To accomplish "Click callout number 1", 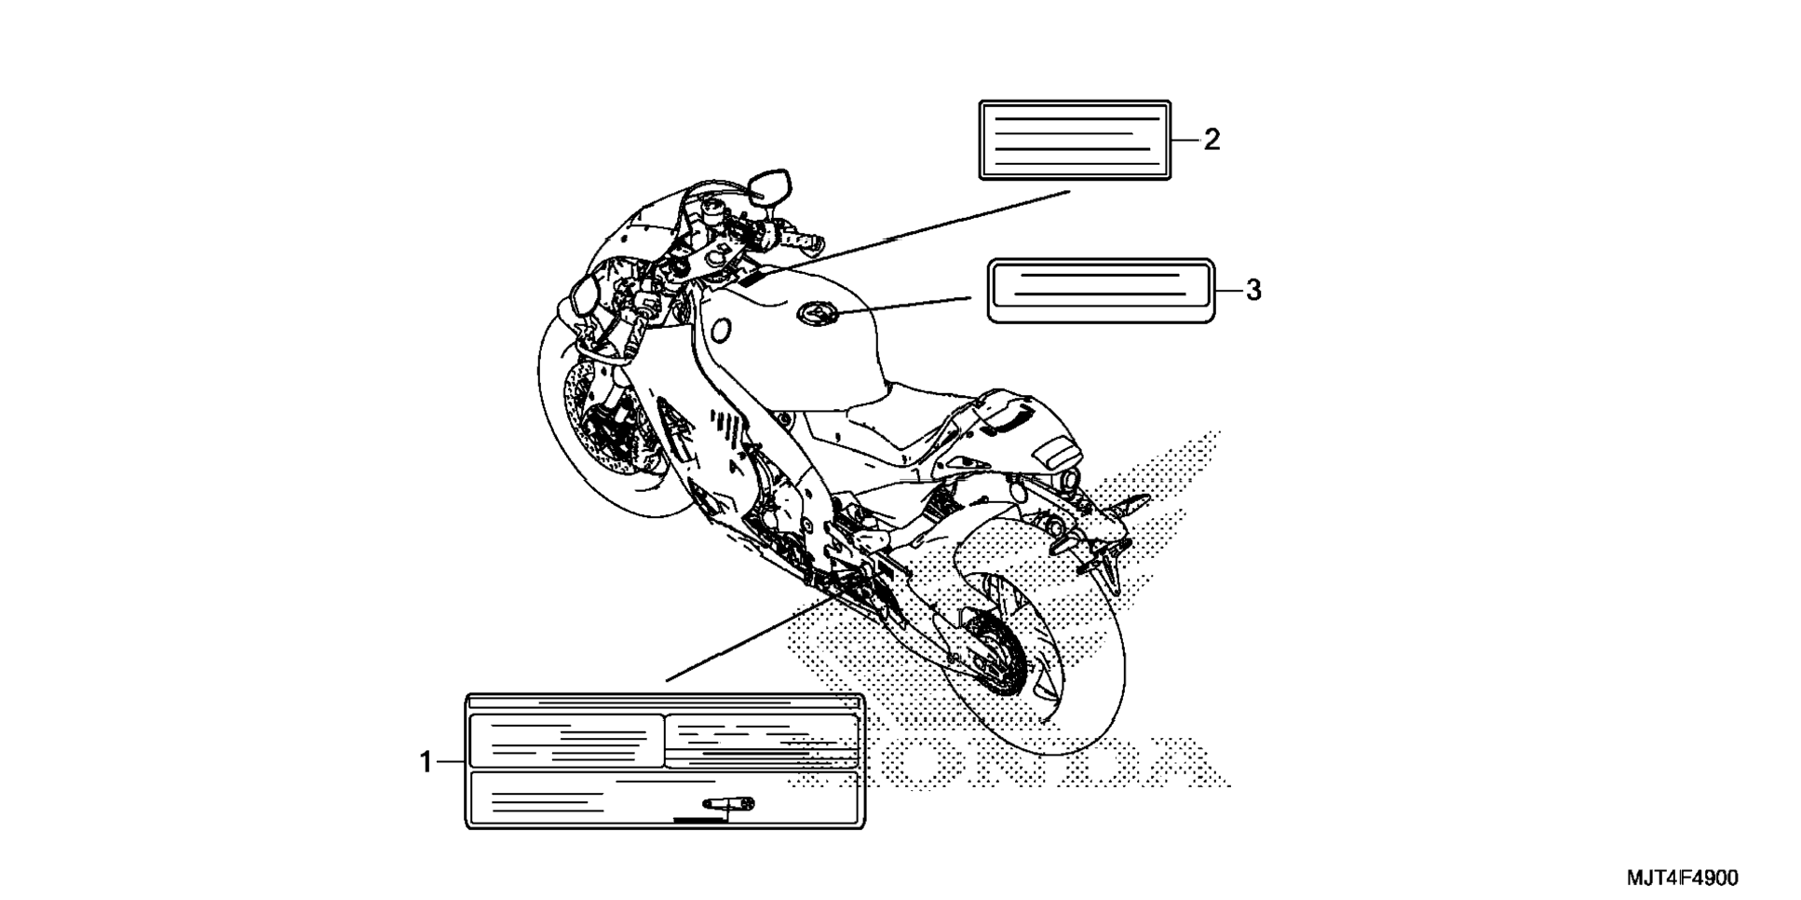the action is pos(426,763).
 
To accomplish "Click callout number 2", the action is pos(1211,140).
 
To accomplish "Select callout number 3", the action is pos(1253,291).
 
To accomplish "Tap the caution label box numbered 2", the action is pos(1075,140).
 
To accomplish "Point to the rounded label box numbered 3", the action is pos(1101,291).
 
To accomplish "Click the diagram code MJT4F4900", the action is pos(1682,878).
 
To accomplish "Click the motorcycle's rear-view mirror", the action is pos(771,185).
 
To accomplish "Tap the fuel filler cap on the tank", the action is pos(818,315).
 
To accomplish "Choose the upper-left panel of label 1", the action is pos(565,741).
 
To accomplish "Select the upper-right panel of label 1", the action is pos(762,741).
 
